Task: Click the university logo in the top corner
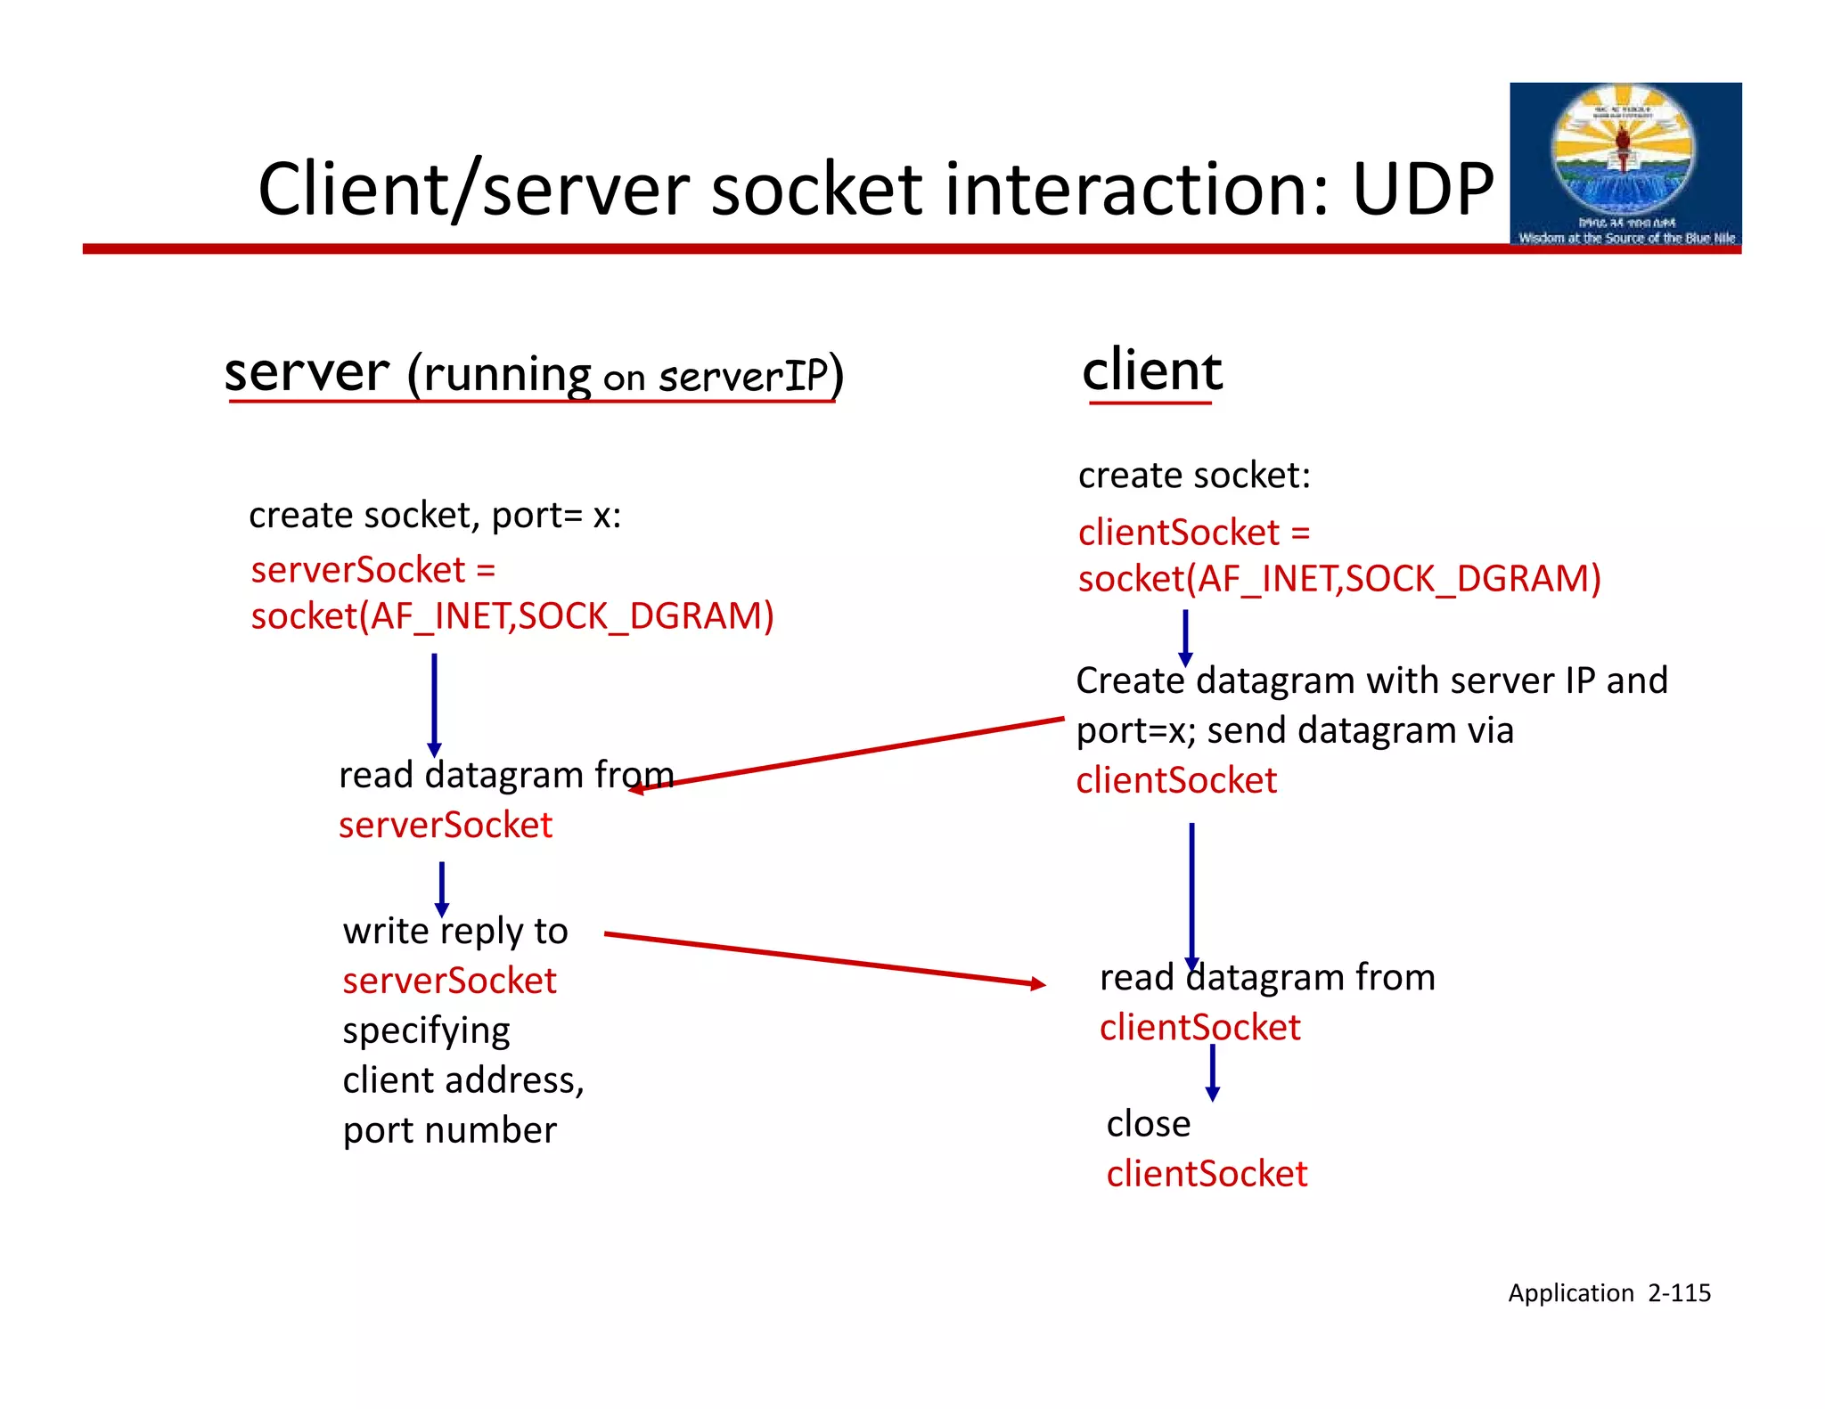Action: (x=1624, y=165)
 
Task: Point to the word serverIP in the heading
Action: (x=743, y=377)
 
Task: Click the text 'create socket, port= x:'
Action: (x=435, y=515)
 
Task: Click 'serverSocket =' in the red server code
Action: (x=372, y=570)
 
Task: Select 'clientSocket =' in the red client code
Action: (x=1193, y=533)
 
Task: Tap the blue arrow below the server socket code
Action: (x=434, y=704)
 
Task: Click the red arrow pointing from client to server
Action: (x=847, y=753)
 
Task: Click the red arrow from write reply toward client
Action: (x=824, y=958)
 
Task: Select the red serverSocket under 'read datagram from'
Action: (x=446, y=825)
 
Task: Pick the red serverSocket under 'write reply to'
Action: (x=449, y=981)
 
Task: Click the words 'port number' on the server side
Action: (x=449, y=1130)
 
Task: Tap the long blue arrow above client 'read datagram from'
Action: (x=1191, y=895)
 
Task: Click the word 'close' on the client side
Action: (x=1148, y=1124)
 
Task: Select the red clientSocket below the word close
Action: (x=1207, y=1174)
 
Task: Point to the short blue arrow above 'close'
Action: (x=1212, y=1071)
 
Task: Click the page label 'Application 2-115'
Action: (x=1608, y=1292)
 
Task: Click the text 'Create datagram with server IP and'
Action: (x=1371, y=680)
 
